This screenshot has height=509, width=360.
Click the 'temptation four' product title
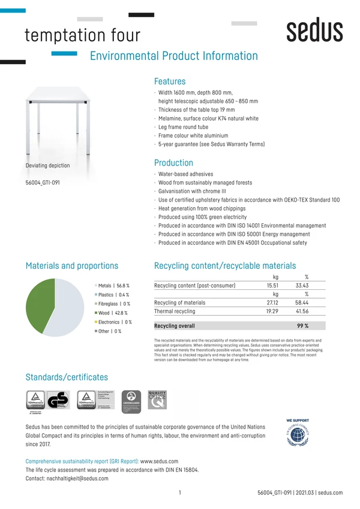pyautogui.click(x=82, y=35)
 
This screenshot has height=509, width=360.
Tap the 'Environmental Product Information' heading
pyautogui.click(x=173, y=56)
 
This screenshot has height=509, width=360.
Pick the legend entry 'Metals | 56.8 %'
pyautogui.click(x=113, y=286)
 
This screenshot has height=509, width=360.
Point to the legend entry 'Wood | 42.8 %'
pyautogui.click(x=113, y=313)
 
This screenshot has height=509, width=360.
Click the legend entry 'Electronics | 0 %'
pyautogui.click(x=115, y=322)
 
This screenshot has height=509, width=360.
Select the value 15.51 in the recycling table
pyautogui.click(x=272, y=286)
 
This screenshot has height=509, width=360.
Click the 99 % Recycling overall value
pyautogui.click(x=302, y=326)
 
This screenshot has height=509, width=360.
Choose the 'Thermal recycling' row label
pyautogui.click(x=175, y=312)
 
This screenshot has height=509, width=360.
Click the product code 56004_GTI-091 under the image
pyautogui.click(x=43, y=182)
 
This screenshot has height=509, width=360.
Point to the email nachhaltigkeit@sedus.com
pyautogui.click(x=76, y=478)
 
